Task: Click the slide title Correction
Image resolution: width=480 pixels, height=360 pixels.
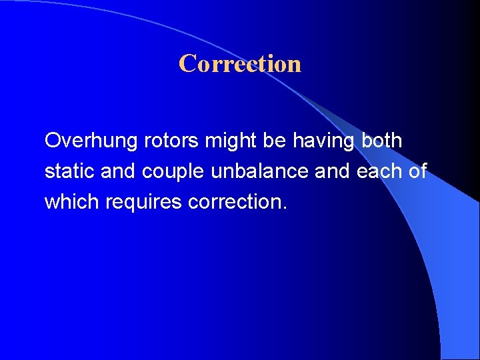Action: (240, 64)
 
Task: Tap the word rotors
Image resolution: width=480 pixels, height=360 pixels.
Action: (164, 141)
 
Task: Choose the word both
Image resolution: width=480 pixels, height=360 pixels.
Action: (381, 141)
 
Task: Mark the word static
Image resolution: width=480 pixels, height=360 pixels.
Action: (69, 172)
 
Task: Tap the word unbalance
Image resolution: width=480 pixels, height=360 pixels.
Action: (259, 172)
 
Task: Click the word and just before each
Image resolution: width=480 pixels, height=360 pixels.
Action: (332, 172)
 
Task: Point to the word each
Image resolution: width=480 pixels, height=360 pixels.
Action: (380, 172)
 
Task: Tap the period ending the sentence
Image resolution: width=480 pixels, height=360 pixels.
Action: (285, 208)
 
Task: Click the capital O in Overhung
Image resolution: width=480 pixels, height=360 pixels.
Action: (53, 141)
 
